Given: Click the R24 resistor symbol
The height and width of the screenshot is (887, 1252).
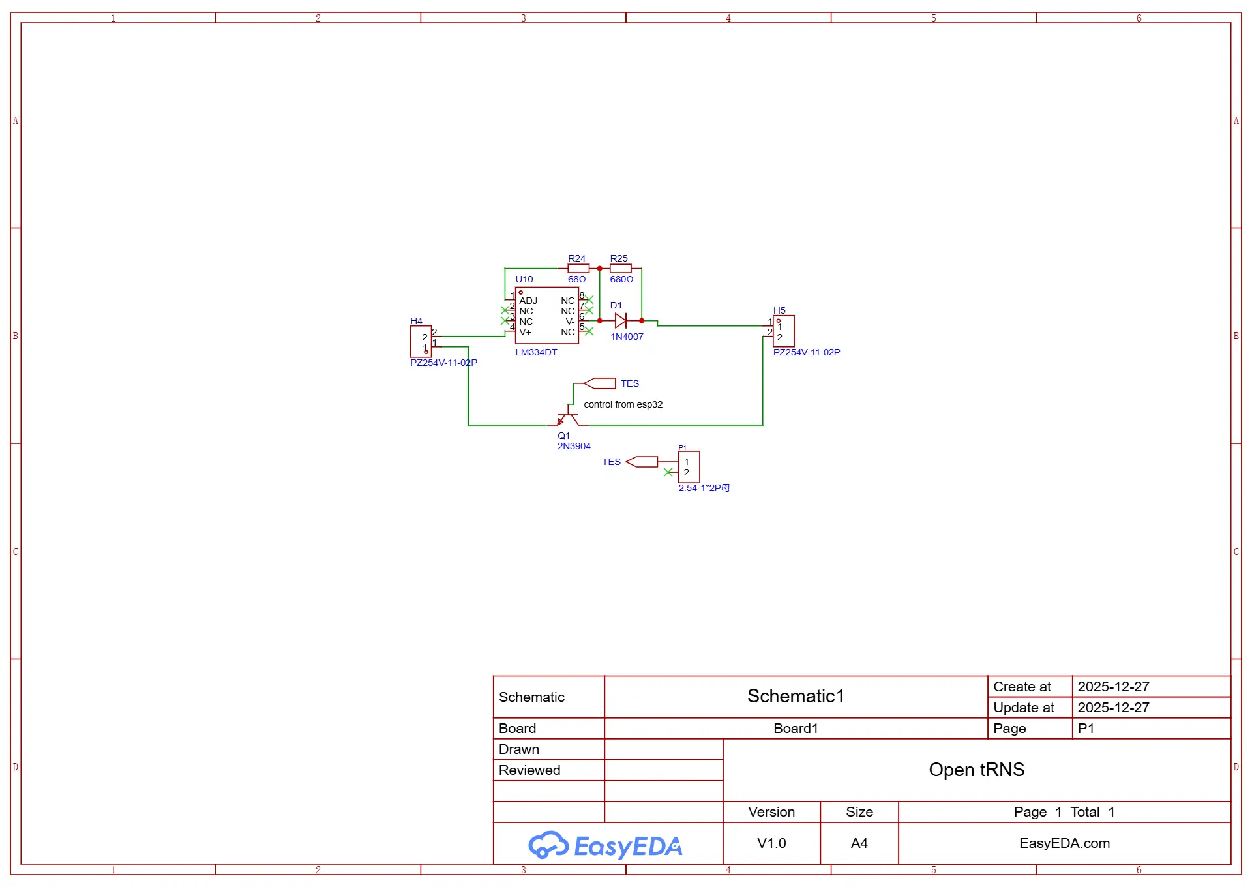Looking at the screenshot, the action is pyautogui.click(x=578, y=268).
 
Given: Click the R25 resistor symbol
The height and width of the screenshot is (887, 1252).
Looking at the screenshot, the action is pyautogui.click(x=620, y=268).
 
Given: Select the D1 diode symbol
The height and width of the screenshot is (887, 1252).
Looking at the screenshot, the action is pyautogui.click(x=621, y=320).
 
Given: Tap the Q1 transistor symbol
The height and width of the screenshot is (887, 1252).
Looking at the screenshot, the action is pyautogui.click(x=568, y=417).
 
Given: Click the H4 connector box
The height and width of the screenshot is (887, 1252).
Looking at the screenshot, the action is pyautogui.click(x=421, y=342).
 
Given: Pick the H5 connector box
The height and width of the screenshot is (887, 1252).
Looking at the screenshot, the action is pyautogui.click(x=784, y=331).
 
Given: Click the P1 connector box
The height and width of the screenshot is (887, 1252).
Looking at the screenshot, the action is pyautogui.click(x=689, y=467).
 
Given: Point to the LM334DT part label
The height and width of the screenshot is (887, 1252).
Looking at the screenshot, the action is pyautogui.click(x=536, y=352).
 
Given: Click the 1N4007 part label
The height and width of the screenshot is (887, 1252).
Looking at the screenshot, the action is pyautogui.click(x=627, y=337).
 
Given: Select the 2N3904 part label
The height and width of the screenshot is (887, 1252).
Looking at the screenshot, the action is pyautogui.click(x=574, y=446).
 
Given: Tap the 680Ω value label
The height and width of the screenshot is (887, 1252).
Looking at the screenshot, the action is pyautogui.click(x=621, y=279).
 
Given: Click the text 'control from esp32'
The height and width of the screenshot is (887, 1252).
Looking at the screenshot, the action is pyautogui.click(x=623, y=404).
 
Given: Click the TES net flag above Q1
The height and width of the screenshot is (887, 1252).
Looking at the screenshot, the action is pyautogui.click(x=600, y=383).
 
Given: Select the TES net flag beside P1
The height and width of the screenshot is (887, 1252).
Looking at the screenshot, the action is pyautogui.click(x=642, y=462).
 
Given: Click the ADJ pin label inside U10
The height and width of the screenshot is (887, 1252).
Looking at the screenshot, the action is pyautogui.click(x=528, y=301).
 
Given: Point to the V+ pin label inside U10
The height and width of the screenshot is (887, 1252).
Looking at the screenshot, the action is pyautogui.click(x=525, y=332).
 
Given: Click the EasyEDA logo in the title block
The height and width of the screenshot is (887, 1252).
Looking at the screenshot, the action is pyautogui.click(x=605, y=845).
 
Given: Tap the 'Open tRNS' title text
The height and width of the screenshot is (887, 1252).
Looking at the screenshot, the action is pyautogui.click(x=976, y=770).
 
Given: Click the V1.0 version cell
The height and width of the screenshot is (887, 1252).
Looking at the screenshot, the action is pyautogui.click(x=771, y=843).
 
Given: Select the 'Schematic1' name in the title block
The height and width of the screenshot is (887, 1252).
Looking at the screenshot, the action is pyautogui.click(x=796, y=696).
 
